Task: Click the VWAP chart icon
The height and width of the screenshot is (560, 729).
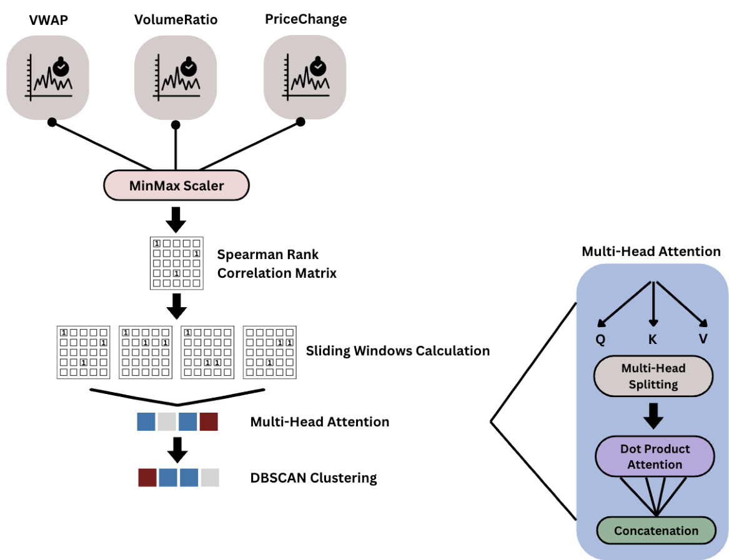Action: tap(48, 76)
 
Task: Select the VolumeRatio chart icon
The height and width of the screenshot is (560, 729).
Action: tap(176, 76)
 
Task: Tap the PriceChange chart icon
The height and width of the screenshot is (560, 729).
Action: tap(305, 76)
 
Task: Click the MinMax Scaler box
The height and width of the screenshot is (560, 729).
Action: tap(177, 185)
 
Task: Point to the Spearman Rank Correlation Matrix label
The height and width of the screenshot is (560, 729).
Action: tap(277, 263)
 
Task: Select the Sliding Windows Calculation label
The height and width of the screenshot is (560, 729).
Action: tap(398, 351)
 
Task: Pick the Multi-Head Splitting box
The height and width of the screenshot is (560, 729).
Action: tap(653, 376)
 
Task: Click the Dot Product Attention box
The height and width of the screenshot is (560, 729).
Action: tap(655, 456)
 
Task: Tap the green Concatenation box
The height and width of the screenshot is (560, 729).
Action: tap(656, 531)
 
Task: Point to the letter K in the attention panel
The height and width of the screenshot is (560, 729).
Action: tap(653, 339)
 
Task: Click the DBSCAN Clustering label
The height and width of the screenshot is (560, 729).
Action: tap(314, 478)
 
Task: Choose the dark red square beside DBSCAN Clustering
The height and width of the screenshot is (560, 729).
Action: tap(147, 478)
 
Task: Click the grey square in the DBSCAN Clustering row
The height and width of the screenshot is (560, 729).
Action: tap(210, 478)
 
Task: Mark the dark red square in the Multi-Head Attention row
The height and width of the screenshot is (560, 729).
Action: tap(209, 421)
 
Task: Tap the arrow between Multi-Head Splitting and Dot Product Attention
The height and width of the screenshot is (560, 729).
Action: tap(653, 416)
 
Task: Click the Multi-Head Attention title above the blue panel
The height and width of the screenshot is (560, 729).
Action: tap(651, 252)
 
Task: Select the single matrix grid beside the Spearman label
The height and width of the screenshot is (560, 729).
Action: tap(177, 263)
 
